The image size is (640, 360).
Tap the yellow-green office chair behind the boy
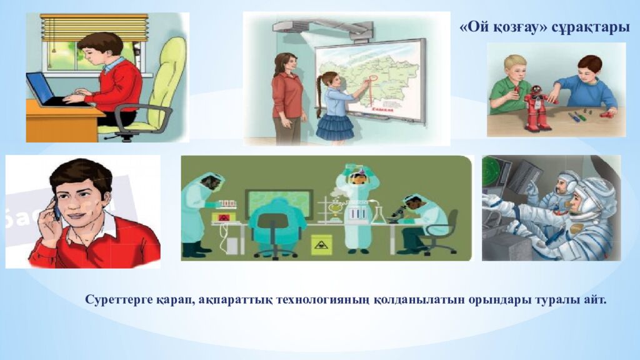[x=161, y=81]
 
